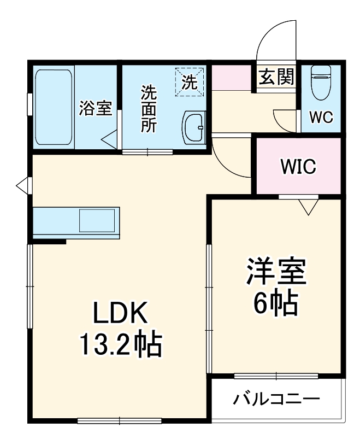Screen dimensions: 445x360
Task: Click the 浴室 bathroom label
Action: tap(96, 108)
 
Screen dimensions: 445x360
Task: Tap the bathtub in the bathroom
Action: tap(53, 107)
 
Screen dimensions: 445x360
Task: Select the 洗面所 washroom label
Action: tap(148, 108)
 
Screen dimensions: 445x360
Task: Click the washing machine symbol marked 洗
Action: tap(189, 83)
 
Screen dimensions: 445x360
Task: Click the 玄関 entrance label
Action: tap(276, 77)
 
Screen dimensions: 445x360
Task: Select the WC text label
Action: tap(321, 118)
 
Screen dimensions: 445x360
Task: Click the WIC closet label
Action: tap(298, 167)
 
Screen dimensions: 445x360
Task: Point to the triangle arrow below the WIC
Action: tap(309, 206)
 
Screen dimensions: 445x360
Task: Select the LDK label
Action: tap(119, 314)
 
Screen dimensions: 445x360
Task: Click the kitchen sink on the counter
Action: tap(98, 221)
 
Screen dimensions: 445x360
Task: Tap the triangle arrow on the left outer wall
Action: tap(22, 185)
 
